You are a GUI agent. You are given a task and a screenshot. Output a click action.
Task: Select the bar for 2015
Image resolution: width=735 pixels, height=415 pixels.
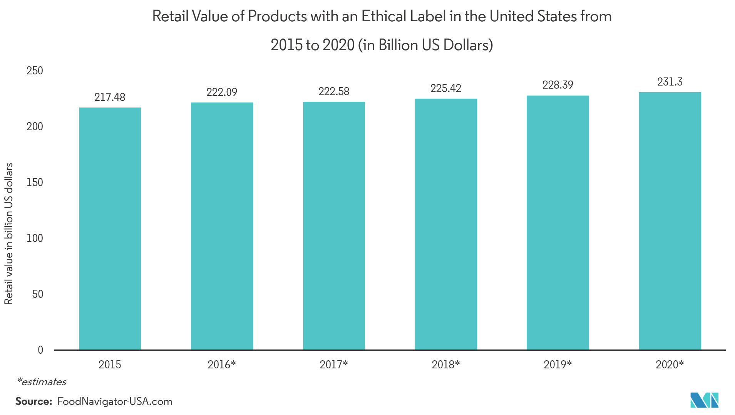pyautogui.click(x=110, y=229)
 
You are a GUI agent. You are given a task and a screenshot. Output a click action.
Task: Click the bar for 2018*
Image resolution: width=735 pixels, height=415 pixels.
pyautogui.click(x=445, y=224)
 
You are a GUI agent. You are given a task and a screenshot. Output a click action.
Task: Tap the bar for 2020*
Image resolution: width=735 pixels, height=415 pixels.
pyautogui.click(x=670, y=221)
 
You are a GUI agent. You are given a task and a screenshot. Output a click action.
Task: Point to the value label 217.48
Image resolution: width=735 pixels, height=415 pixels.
pyautogui.click(x=110, y=97)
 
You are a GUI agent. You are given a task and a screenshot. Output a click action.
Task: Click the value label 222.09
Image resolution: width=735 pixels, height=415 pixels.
pyautogui.click(x=222, y=92)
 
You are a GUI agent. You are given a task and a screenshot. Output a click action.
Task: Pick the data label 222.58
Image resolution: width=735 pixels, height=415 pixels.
pyautogui.click(x=334, y=91)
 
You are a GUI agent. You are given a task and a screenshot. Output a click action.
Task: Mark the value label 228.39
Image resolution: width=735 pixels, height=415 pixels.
pyautogui.click(x=558, y=85)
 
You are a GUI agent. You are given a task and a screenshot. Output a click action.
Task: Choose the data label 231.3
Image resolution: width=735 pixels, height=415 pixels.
pyautogui.click(x=670, y=82)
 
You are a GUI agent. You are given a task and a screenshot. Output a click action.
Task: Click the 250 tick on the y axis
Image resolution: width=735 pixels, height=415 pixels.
pyautogui.click(x=35, y=71)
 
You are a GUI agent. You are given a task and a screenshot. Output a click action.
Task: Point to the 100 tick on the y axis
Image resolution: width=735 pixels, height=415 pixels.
pyautogui.click(x=35, y=238)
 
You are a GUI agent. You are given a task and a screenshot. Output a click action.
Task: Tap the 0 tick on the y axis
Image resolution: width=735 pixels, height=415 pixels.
pyautogui.click(x=40, y=350)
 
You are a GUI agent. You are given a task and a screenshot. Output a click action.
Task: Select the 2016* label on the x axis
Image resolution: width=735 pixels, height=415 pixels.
pyautogui.click(x=222, y=365)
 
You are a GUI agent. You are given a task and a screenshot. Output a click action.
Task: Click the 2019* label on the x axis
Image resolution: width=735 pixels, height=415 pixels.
pyautogui.click(x=558, y=365)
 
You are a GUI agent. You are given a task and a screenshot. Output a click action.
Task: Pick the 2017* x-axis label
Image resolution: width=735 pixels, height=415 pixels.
pyautogui.click(x=334, y=365)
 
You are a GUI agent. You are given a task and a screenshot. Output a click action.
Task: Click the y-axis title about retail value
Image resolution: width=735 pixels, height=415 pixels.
pyautogui.click(x=9, y=234)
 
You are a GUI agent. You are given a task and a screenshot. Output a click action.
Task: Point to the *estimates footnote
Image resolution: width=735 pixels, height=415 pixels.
pyautogui.click(x=42, y=382)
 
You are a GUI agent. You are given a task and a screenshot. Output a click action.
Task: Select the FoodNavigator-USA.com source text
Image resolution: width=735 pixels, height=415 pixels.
pyautogui.click(x=115, y=402)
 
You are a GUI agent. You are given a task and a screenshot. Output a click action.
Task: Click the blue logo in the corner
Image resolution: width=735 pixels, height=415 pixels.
pyautogui.click(x=704, y=400)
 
